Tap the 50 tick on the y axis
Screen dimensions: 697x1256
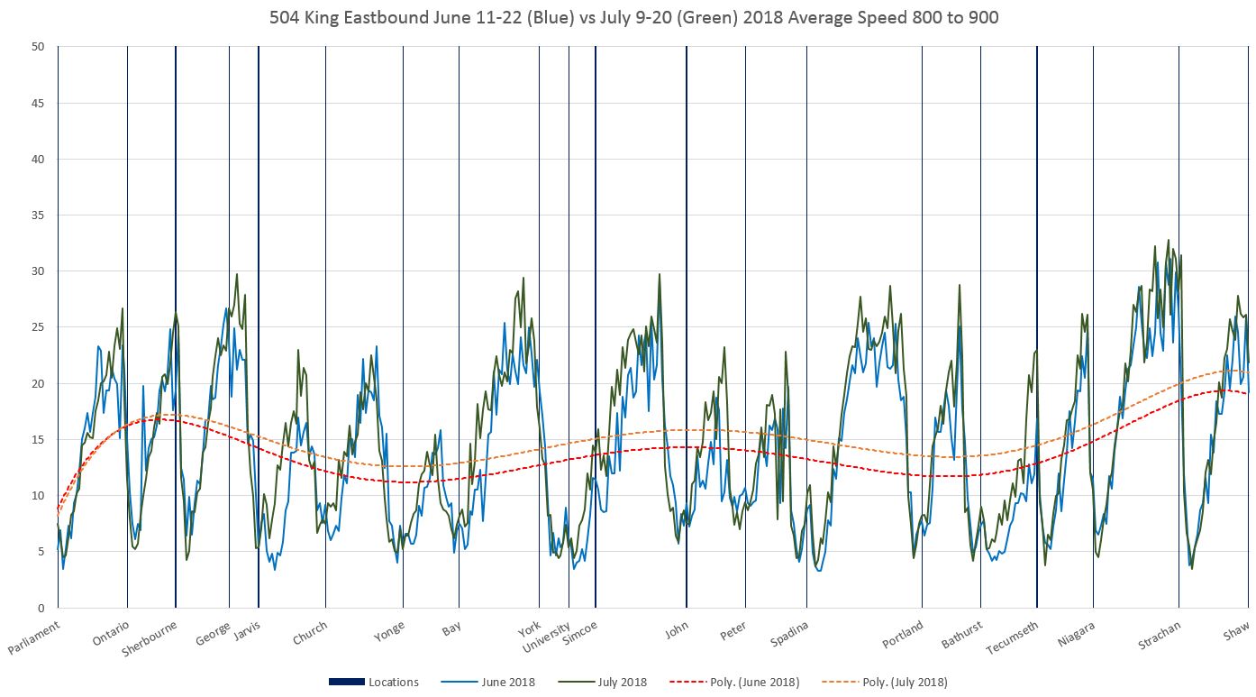38,47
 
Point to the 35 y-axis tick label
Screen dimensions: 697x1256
38,216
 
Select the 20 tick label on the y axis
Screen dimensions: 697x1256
38,383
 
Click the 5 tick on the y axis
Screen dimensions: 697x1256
41,552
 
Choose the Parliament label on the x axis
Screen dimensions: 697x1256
34,637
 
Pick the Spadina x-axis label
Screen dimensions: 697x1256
790,634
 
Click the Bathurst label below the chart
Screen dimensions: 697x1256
960,635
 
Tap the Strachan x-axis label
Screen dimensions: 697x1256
1159,635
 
